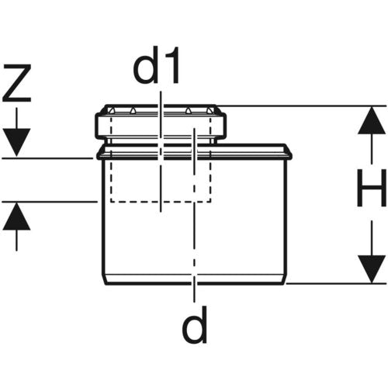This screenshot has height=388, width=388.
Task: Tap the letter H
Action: click(x=371, y=188)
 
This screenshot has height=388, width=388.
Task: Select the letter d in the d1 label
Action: click(x=145, y=65)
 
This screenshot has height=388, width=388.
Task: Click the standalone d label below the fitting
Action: click(x=195, y=324)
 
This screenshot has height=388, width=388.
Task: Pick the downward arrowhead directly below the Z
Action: click(x=17, y=142)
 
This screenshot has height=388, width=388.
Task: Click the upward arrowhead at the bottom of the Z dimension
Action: click(x=17, y=216)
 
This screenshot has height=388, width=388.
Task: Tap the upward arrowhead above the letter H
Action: click(x=372, y=120)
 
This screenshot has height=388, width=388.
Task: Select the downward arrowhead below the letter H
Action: click(x=372, y=269)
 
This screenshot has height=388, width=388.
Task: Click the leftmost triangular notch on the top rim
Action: click(x=112, y=111)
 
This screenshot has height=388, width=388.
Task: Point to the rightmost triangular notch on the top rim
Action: click(x=210, y=111)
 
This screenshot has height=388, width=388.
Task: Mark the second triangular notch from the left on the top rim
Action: click(x=133, y=111)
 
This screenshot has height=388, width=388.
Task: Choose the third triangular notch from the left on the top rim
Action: click(x=188, y=111)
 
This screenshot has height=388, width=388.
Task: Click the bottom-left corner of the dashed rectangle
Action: click(x=111, y=202)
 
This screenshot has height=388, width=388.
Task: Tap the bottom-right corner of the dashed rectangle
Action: click(x=210, y=202)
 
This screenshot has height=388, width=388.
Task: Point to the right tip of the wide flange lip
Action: click(x=292, y=155)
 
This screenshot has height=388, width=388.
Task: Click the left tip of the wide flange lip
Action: click(x=97, y=155)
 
